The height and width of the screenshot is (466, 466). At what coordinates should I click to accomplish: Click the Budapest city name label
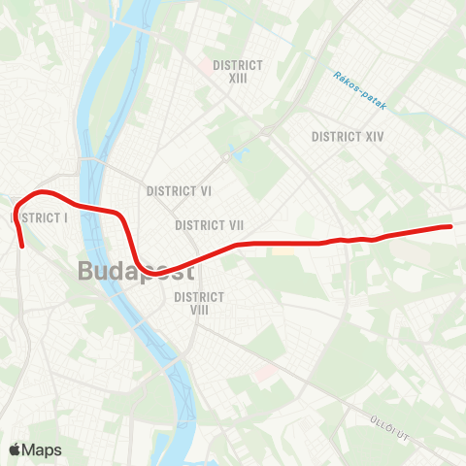[135, 271]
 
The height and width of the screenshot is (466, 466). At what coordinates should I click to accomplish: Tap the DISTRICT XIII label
[238, 71]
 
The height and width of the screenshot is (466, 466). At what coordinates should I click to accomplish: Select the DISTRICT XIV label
[349, 137]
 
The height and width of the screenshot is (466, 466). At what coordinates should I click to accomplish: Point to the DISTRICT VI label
[179, 191]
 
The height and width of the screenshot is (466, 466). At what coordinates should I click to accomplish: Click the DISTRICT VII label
[209, 225]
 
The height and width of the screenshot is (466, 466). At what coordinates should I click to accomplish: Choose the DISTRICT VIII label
[200, 303]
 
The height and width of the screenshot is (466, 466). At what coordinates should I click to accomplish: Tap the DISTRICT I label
[40, 217]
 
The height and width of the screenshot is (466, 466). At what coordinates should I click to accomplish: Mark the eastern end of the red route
[450, 226]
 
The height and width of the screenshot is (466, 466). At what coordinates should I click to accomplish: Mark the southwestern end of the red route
[22, 233]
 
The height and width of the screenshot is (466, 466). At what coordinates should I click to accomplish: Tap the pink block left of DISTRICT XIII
[205, 66]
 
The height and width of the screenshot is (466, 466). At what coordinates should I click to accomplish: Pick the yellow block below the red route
[283, 250]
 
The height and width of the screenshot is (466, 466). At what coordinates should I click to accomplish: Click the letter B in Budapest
[87, 271]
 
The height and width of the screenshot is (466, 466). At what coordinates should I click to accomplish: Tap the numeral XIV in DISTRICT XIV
[374, 137]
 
